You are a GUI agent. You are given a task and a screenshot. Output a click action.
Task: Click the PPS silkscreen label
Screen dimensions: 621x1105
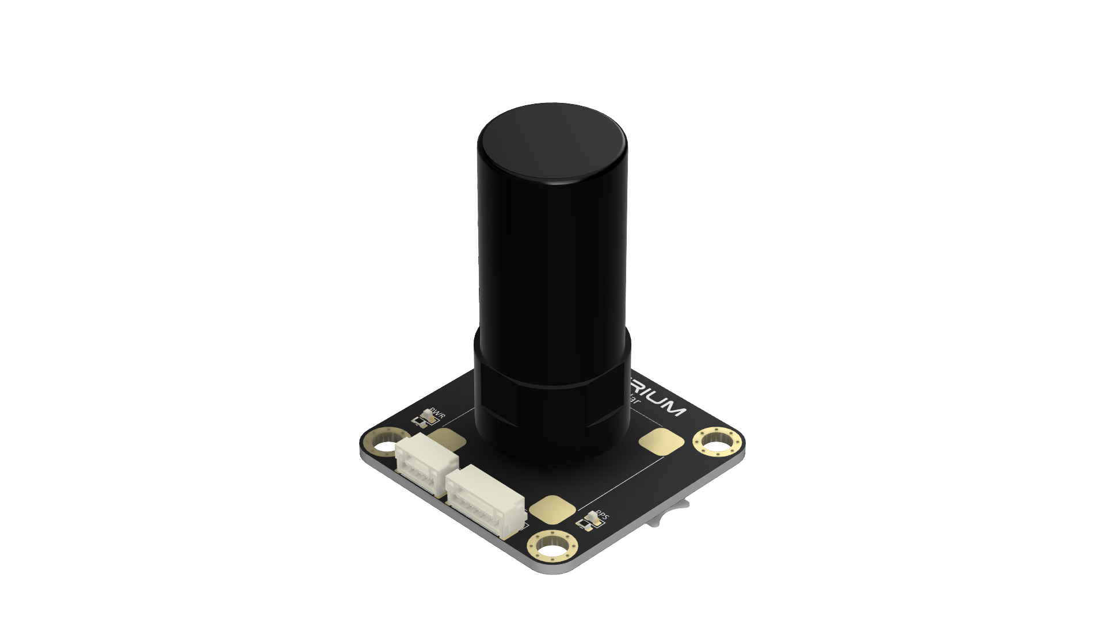[601, 514]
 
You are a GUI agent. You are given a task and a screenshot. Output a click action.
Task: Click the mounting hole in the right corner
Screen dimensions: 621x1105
[716, 443]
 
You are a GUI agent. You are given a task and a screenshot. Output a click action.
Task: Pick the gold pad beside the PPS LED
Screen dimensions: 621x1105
[552, 508]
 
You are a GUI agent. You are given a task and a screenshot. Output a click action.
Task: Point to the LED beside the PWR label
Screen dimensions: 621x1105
[427, 415]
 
